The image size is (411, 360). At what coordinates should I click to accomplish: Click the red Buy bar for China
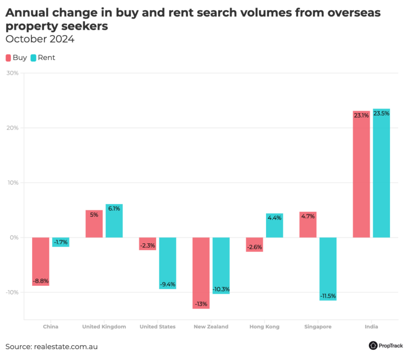41,261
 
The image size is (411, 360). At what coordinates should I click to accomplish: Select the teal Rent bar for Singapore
328,269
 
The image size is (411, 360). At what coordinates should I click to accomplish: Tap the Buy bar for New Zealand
201,273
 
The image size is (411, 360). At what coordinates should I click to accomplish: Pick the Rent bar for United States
167,263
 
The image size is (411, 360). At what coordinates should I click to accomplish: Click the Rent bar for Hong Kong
275,225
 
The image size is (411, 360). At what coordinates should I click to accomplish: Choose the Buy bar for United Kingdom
94,224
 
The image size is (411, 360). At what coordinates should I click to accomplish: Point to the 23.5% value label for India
381,113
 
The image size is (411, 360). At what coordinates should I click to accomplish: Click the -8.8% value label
41,281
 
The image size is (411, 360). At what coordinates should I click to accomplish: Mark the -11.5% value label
328,296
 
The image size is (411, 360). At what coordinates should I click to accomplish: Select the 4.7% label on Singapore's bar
308,216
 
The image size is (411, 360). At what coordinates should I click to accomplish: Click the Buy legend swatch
8,58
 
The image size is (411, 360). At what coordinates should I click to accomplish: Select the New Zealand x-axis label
211,327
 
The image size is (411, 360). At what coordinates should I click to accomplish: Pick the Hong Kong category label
264,327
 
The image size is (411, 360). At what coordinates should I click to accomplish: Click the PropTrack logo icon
373,346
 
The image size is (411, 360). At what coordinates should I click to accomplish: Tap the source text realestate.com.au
65,346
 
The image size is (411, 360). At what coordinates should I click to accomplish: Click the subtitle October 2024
40,39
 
